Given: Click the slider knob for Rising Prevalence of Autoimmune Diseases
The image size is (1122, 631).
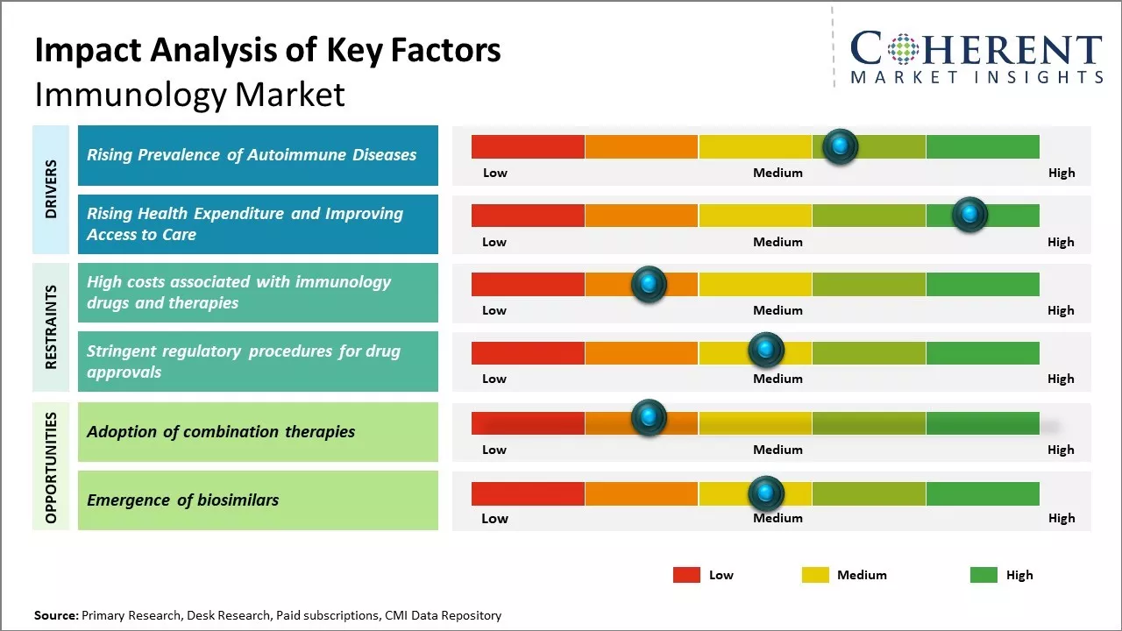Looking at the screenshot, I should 840,146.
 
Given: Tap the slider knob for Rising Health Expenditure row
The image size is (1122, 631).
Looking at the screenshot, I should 969,215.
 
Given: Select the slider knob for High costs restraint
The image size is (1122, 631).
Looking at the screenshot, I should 649,284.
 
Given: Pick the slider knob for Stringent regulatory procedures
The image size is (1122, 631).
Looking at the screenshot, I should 765,351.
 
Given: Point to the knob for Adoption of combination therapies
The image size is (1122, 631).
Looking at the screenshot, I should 649,418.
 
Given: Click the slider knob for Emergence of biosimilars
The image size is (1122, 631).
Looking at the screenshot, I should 765,493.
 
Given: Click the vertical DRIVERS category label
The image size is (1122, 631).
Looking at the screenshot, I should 51,188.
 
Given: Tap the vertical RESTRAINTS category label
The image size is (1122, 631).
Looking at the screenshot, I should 51,327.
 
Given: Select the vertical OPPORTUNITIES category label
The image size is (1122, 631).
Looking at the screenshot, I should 51,467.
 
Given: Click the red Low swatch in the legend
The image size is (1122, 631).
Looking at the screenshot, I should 686,575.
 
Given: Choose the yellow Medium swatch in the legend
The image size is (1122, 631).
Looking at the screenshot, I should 815,575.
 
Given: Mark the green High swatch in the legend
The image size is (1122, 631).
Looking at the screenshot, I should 984,575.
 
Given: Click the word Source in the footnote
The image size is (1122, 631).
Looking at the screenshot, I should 55,615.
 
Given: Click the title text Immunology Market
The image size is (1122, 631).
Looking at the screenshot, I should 189,95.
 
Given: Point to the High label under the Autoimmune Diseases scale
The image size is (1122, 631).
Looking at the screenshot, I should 1061,173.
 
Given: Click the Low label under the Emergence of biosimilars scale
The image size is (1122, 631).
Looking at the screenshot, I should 494,518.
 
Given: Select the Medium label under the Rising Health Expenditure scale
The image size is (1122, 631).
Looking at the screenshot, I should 778,242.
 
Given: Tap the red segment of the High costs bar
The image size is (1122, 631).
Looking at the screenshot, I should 528,284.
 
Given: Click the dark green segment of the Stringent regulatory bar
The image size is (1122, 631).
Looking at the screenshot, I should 982,352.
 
